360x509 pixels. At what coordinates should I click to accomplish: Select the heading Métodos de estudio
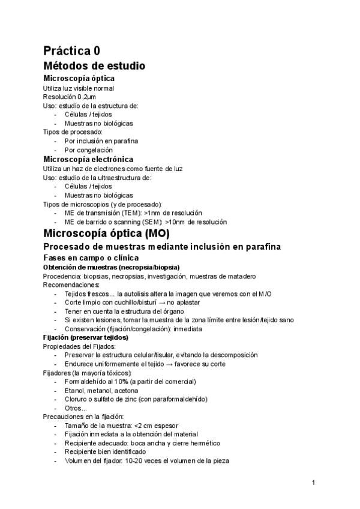coord(94,65)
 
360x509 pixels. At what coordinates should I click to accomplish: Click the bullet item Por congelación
coord(88,150)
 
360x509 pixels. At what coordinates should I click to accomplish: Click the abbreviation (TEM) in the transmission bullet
coord(132,213)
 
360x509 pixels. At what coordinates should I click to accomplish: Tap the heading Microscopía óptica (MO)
coord(107,233)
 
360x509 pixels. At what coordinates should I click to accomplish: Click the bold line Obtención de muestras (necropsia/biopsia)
coord(112,267)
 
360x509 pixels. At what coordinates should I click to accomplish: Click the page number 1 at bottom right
coord(313,482)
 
